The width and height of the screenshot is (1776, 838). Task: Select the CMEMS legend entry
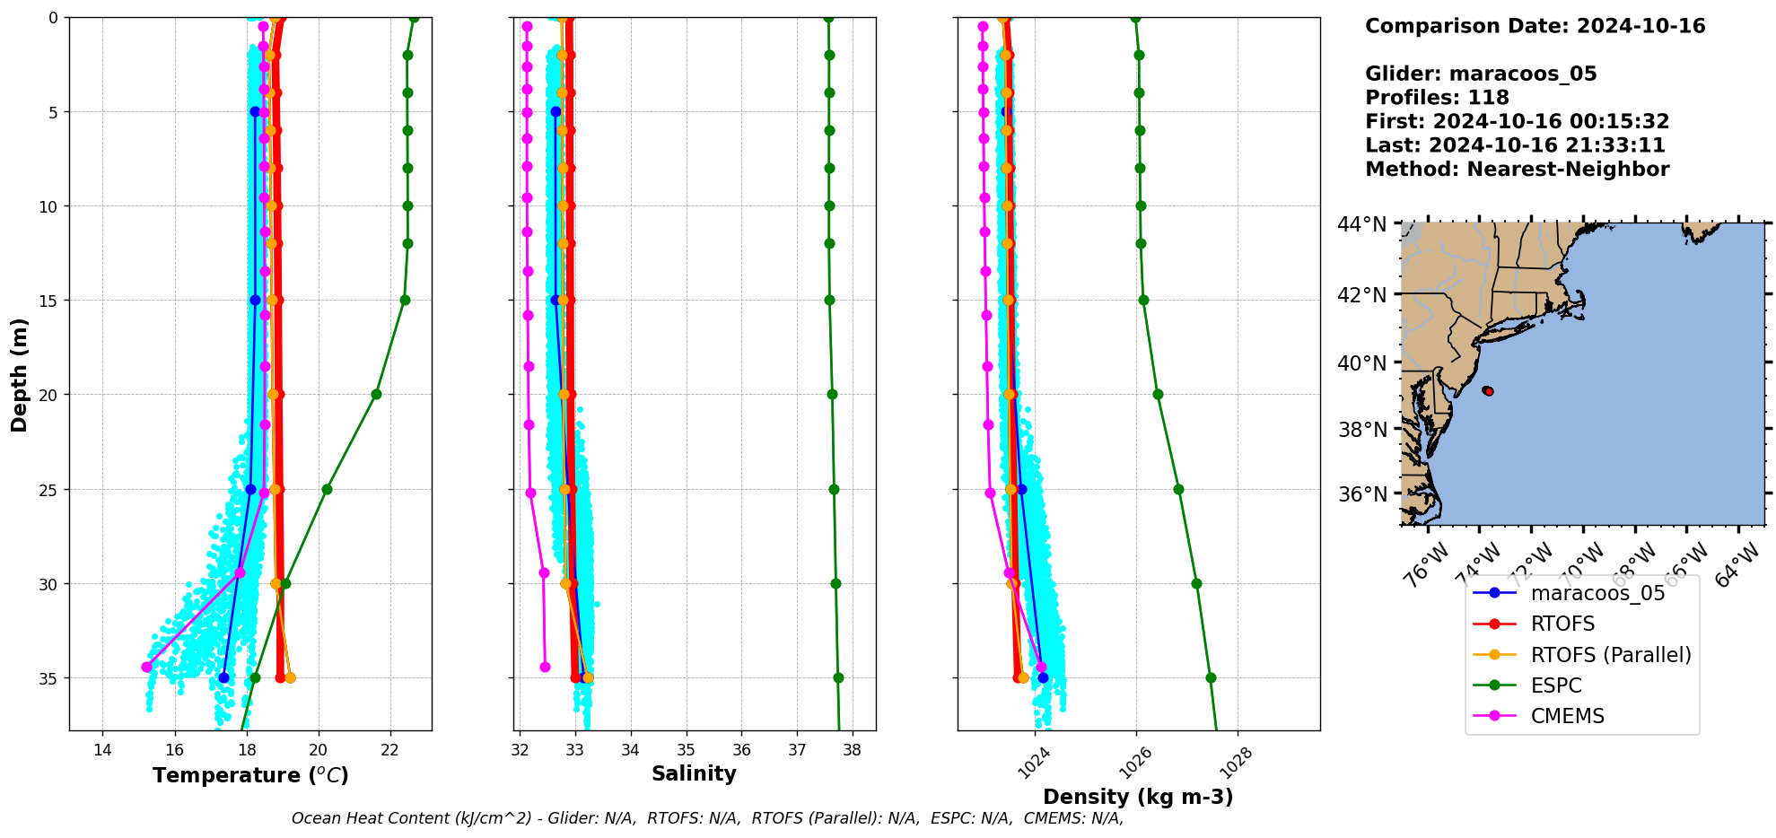click(1567, 716)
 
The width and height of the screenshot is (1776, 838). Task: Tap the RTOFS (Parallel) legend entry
click(1610, 655)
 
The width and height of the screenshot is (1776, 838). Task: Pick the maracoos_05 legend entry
click(1597, 593)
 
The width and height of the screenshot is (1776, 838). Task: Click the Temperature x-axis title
click(250, 775)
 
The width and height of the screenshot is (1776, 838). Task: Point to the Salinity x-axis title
click(694, 773)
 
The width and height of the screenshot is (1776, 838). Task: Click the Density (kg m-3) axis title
click(1138, 797)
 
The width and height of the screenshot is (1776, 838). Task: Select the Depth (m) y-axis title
click(20, 374)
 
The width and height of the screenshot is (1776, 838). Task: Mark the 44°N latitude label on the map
click(1361, 224)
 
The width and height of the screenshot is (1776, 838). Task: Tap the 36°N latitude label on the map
click(1362, 494)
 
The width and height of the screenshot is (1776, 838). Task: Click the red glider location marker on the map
click(1487, 391)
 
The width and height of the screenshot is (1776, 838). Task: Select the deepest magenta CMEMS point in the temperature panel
click(146, 667)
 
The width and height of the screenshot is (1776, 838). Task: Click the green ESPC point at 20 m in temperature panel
click(376, 395)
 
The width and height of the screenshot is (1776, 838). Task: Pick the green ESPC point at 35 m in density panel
click(1211, 677)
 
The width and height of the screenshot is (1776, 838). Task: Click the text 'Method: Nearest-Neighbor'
click(1517, 169)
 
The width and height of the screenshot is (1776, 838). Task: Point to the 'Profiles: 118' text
click(1437, 98)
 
